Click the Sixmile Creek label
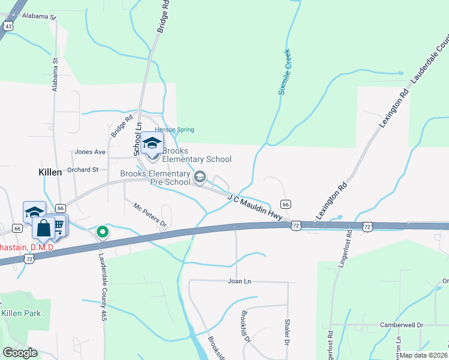(x=284, y=72)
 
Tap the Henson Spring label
(x=175, y=130)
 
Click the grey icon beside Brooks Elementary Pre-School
(x=200, y=176)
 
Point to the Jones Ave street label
(x=90, y=152)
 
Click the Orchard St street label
(x=83, y=170)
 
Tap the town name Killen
(x=50, y=172)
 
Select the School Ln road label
(x=137, y=138)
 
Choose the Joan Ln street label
(x=238, y=281)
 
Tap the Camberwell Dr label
(x=401, y=325)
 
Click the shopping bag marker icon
(x=44, y=228)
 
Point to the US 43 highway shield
(x=8, y=26)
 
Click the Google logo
(x=20, y=353)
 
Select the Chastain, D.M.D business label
(x=26, y=247)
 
